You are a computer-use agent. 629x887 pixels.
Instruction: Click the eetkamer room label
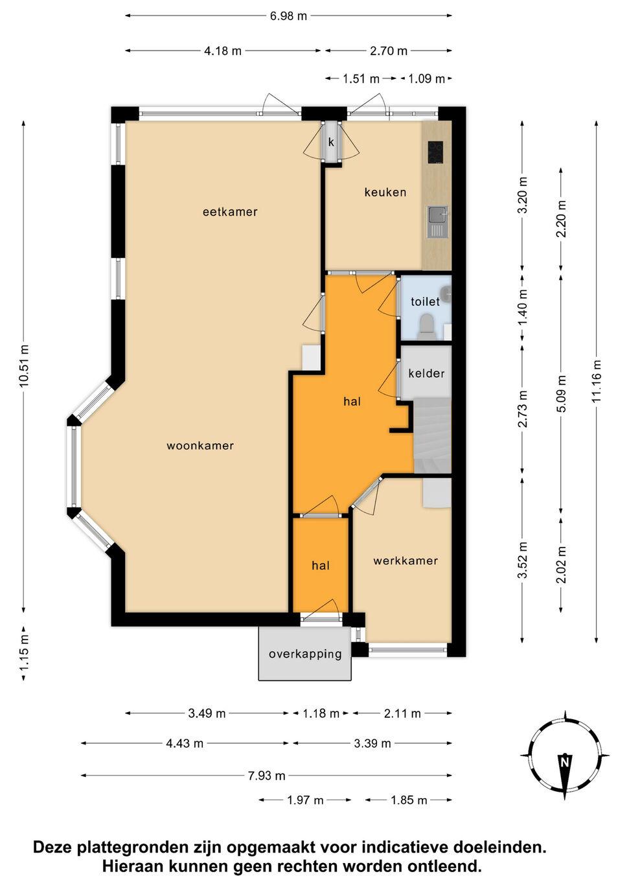pyautogui.click(x=230, y=212)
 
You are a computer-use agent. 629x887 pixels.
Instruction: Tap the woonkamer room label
pyautogui.click(x=200, y=446)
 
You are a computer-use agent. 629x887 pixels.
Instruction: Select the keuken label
pyautogui.click(x=385, y=192)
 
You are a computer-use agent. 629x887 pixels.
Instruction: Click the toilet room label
pyautogui.click(x=425, y=302)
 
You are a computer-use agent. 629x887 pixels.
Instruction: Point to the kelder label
pyautogui.click(x=426, y=373)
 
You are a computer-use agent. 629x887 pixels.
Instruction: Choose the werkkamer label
pyautogui.click(x=406, y=560)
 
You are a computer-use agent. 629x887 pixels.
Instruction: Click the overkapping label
pyautogui.click(x=305, y=654)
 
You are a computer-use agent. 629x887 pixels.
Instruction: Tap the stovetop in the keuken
pyautogui.click(x=435, y=152)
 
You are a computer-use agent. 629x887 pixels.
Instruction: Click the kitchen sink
pyautogui.click(x=438, y=222)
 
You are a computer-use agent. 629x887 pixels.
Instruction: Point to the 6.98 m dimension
pyautogui.click(x=288, y=16)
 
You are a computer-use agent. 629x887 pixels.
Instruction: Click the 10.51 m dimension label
pyautogui.click(x=24, y=365)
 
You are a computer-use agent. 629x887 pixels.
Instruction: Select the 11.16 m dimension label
pyautogui.click(x=596, y=381)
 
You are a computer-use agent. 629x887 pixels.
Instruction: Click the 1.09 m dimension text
pyautogui.click(x=426, y=79)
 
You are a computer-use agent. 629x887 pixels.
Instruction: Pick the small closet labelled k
pyautogui.click(x=331, y=142)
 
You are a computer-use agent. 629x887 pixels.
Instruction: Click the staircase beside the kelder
pyautogui.click(x=433, y=435)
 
